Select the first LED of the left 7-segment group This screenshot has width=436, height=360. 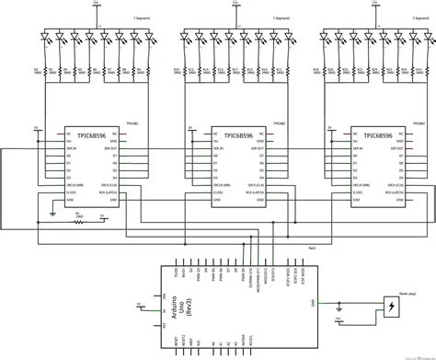[x=42, y=39]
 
